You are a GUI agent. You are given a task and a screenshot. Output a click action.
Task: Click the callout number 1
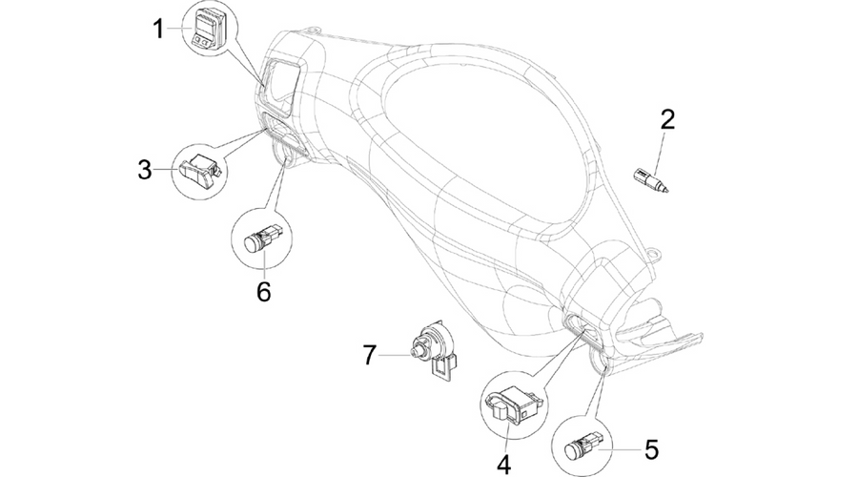tap(158, 29)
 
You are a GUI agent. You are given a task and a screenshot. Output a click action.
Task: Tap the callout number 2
tap(667, 120)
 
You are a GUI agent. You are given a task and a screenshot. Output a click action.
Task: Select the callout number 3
tap(145, 170)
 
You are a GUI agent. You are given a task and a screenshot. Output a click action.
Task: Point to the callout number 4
tap(504, 465)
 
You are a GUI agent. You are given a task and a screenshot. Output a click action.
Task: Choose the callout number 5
tap(651, 449)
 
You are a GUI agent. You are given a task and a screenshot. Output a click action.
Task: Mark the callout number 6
tap(264, 292)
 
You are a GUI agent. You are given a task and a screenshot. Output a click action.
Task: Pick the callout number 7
tap(370, 356)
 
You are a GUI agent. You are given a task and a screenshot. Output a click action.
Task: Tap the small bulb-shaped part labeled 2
tap(650, 180)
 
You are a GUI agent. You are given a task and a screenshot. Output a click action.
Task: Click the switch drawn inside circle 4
tap(513, 404)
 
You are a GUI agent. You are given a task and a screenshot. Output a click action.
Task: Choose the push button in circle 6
tap(262, 238)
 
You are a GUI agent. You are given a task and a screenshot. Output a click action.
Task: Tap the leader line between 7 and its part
tap(395, 356)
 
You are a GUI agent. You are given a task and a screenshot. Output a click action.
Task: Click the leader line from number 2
tap(660, 151)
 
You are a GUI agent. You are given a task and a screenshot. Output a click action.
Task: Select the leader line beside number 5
tap(623, 449)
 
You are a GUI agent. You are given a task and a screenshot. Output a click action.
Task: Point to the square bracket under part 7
tap(443, 368)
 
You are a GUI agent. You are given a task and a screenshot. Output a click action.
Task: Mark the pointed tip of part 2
tap(667, 191)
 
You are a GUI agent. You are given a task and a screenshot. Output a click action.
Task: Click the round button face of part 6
tap(253, 243)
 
